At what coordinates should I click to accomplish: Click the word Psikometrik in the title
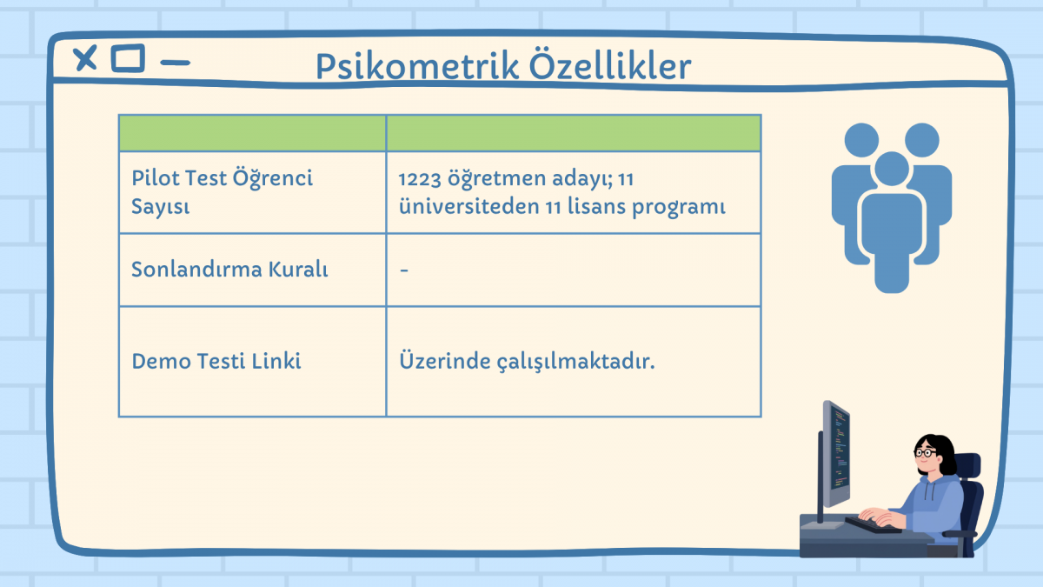click(x=417, y=67)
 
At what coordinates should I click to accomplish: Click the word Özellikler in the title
click(x=610, y=64)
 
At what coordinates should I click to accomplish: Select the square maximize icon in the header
click(x=128, y=58)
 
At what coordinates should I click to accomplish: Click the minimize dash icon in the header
click(x=175, y=63)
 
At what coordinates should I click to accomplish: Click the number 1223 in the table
click(x=419, y=179)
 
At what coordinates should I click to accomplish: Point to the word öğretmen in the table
click(x=497, y=178)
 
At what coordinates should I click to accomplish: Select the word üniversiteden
click(x=468, y=206)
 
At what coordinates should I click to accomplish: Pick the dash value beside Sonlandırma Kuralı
click(x=404, y=270)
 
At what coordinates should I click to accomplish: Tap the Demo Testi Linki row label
click(x=216, y=361)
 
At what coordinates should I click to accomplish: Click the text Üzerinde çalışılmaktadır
click(x=527, y=361)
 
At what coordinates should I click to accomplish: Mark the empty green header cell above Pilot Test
click(x=252, y=133)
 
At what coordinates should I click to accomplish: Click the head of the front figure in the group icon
click(x=892, y=169)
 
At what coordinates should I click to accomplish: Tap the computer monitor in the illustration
click(x=835, y=455)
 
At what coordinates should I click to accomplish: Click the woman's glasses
click(x=925, y=452)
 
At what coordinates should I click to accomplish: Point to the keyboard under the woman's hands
click(x=872, y=525)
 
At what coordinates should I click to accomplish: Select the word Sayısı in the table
click(x=161, y=207)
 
